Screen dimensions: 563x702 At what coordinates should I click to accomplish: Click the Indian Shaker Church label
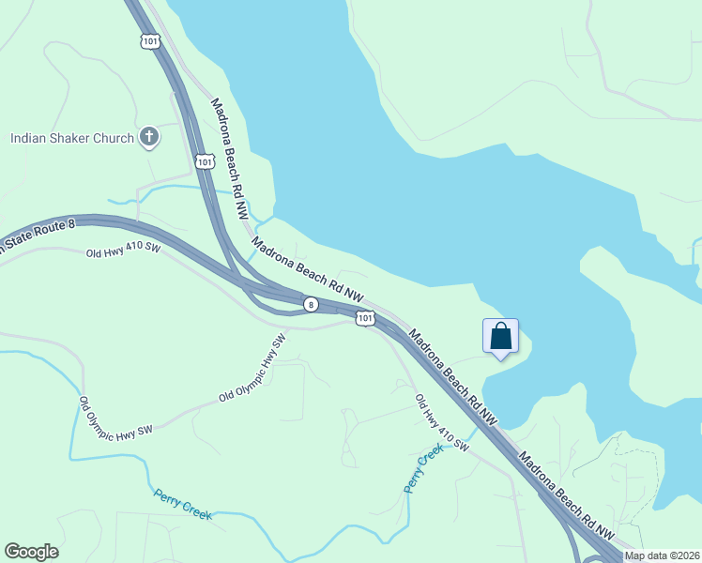click(x=72, y=139)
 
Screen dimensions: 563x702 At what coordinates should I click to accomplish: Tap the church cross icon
click(x=148, y=138)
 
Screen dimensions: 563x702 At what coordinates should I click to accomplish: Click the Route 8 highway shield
click(x=310, y=304)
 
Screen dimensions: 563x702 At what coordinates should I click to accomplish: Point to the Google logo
click(x=32, y=552)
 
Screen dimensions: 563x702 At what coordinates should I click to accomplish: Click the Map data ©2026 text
click(x=663, y=555)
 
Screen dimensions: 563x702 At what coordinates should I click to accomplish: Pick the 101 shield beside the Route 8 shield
click(x=365, y=320)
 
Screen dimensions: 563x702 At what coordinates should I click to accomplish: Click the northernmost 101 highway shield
click(x=151, y=40)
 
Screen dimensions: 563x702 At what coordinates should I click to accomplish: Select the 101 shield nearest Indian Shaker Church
click(x=206, y=162)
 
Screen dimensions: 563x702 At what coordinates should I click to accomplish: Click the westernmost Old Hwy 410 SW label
click(x=124, y=252)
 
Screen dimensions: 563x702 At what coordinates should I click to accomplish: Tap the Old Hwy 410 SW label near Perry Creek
click(x=441, y=421)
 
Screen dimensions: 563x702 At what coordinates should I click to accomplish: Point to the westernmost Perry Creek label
click(x=183, y=504)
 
